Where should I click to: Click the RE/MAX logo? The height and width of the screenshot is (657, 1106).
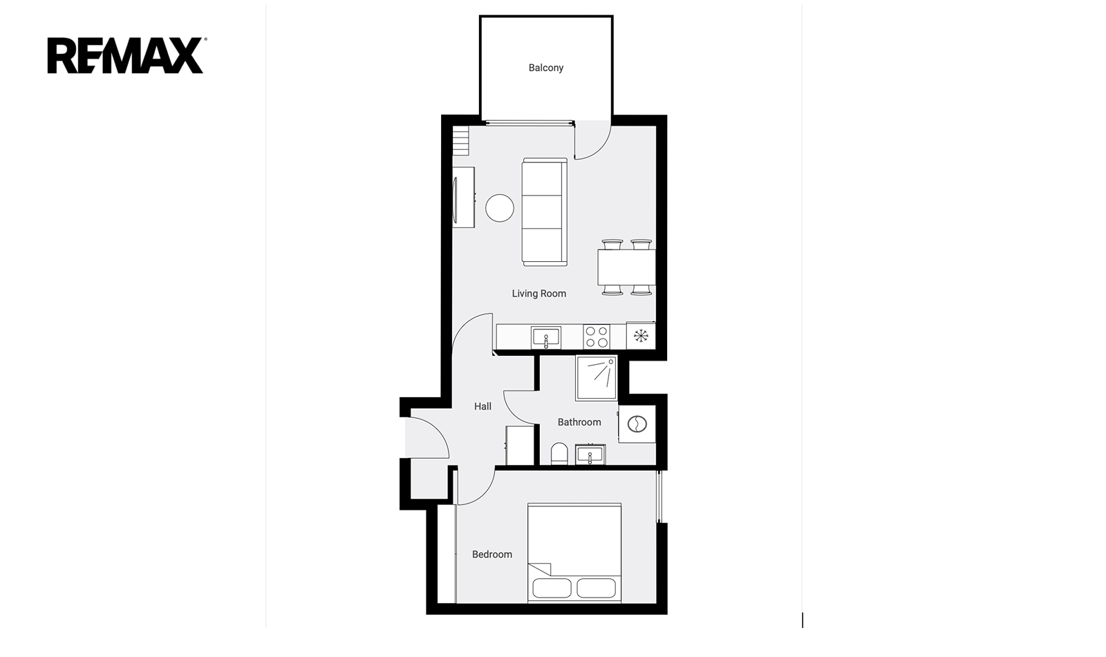(x=126, y=55)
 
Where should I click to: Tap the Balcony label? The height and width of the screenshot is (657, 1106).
(x=545, y=68)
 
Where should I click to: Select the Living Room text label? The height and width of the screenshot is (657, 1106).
(x=538, y=294)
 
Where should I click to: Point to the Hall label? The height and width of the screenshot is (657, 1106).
(x=482, y=406)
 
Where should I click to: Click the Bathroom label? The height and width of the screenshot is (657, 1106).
(x=579, y=422)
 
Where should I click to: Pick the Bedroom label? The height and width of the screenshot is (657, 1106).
(x=491, y=554)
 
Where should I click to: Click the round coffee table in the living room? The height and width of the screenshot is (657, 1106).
(x=500, y=208)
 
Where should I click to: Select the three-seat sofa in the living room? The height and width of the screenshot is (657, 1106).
(x=544, y=212)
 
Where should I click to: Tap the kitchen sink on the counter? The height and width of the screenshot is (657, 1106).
(x=545, y=338)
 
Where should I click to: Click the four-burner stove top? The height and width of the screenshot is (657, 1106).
(x=597, y=336)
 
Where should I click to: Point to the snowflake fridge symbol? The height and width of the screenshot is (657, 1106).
(x=640, y=336)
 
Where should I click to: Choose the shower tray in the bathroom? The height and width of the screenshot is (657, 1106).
(x=597, y=378)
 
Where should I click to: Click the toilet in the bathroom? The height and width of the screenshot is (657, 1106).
(x=559, y=453)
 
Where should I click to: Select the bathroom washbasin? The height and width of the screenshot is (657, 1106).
(x=590, y=455)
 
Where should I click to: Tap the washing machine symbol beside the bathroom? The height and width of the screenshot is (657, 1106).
(x=637, y=424)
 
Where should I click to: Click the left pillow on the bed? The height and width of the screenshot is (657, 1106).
(x=552, y=588)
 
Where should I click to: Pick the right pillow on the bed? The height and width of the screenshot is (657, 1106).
(x=596, y=588)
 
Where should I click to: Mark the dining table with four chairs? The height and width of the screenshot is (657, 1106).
(x=626, y=267)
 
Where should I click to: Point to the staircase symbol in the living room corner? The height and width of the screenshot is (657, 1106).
(x=460, y=141)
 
